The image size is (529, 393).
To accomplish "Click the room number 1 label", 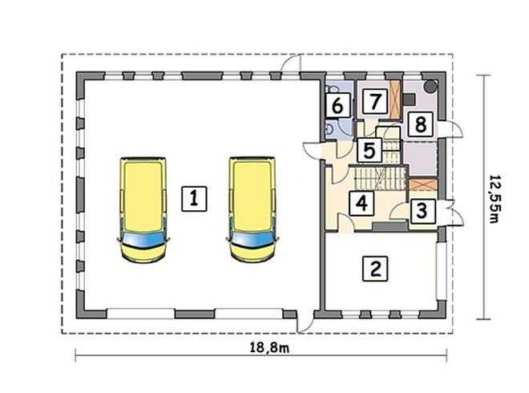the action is coord(194,199).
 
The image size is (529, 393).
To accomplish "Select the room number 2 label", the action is coord(375,269).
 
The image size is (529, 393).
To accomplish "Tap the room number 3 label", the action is coord(422,211).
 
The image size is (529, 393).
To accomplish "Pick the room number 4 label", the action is coord(361,203).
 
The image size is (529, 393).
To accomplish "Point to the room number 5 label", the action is coord(369,151).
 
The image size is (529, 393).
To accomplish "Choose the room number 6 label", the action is coord(337,105).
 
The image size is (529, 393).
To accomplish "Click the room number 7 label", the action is coord(374,101).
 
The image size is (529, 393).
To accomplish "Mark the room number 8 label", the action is coord(420,124).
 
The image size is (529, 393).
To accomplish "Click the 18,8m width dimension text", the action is coord(269,347).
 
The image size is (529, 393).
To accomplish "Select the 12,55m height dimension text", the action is coord(495,199).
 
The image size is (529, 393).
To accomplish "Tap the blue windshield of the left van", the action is coord(144,239).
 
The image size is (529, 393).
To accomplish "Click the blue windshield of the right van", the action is coord(253,239).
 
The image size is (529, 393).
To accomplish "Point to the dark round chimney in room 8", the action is coord(430,86).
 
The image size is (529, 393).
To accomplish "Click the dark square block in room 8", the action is coord(410,99).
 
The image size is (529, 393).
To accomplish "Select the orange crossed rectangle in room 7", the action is coord(394,99).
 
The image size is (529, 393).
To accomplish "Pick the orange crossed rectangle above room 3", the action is coord(423,185).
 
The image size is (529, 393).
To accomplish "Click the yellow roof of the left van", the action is coord(144,195).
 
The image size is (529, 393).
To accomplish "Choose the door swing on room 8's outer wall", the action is coord(451,129).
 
